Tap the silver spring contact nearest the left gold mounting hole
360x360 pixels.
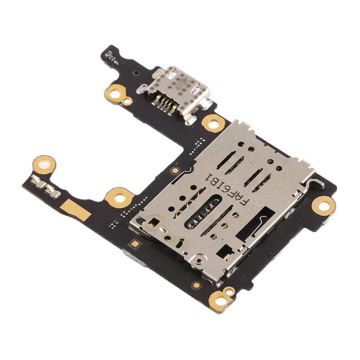[x=38, y=181]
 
